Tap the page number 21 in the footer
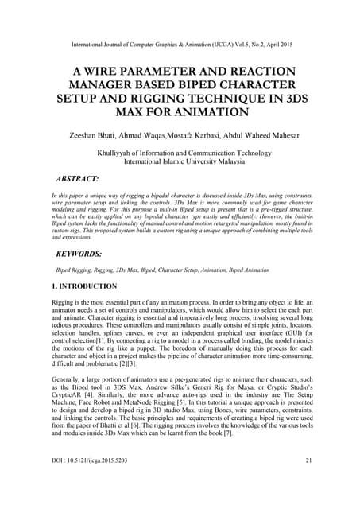click(310, 483)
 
